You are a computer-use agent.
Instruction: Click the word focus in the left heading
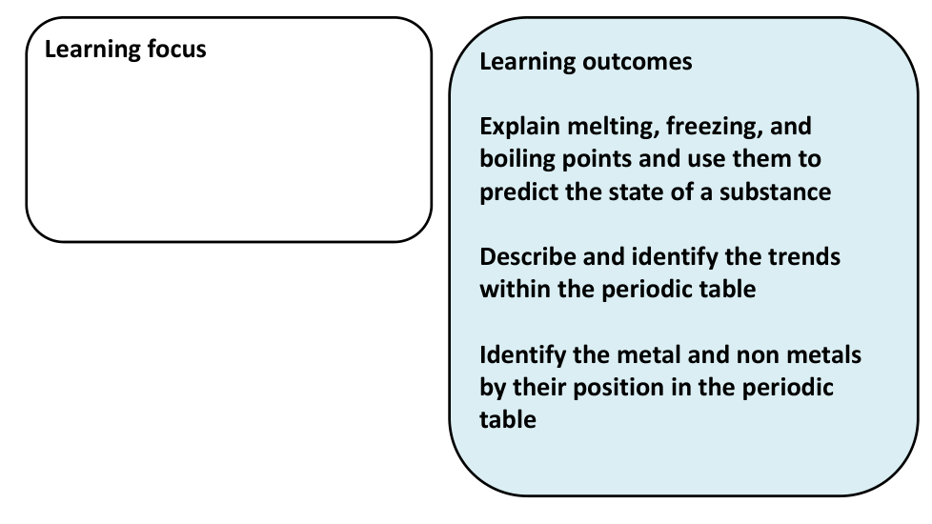[174, 49]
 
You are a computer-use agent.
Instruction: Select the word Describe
[526, 256]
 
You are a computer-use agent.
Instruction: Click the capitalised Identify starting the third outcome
[519, 354]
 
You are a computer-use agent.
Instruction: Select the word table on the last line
[508, 418]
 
